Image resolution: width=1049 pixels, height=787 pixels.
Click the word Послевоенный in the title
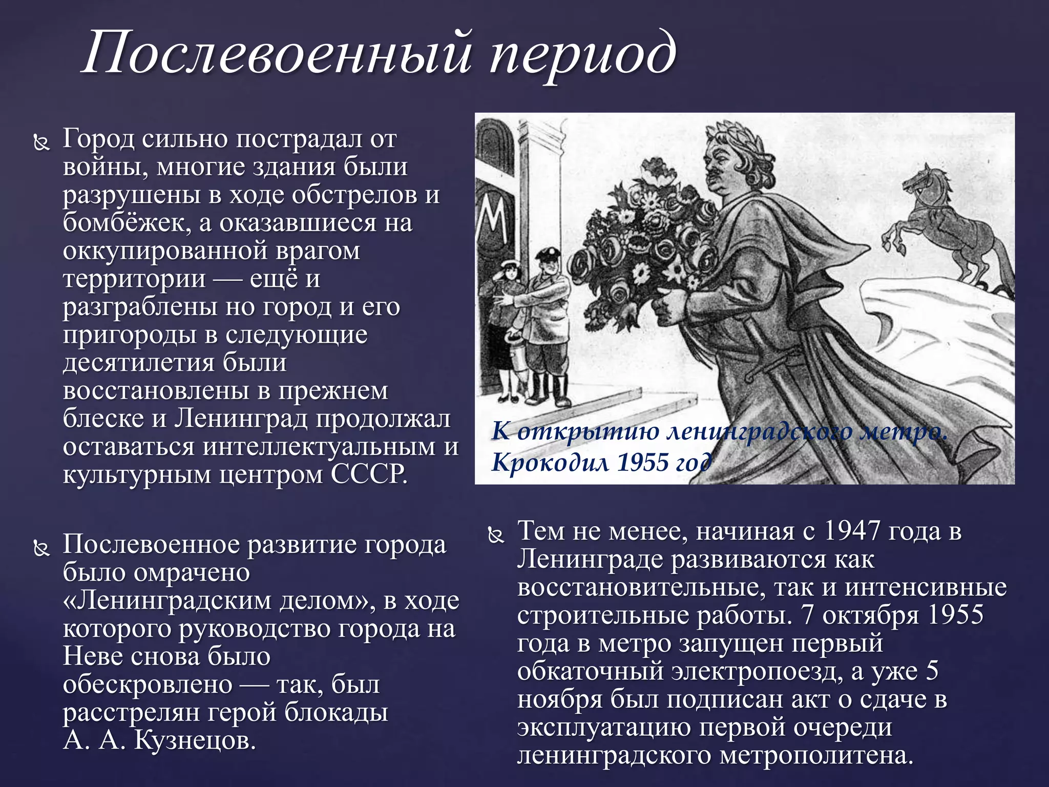tap(277, 54)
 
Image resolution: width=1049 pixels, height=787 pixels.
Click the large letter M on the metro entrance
tap(494, 220)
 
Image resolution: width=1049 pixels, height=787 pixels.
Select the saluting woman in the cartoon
tap(505, 328)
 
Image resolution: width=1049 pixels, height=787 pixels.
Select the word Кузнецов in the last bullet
tap(195, 740)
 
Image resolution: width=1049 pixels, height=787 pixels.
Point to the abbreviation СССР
tap(369, 474)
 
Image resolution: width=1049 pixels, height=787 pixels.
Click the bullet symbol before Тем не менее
tap(495, 535)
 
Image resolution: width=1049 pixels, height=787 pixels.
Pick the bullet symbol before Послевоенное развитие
tap(41, 549)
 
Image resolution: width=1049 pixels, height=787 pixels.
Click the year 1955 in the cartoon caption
tap(643, 463)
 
